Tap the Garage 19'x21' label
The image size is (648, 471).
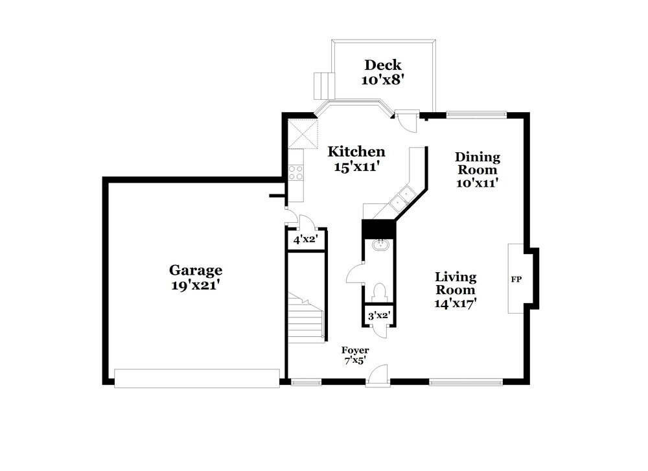tap(196, 277)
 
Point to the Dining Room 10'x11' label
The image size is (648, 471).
tap(477, 170)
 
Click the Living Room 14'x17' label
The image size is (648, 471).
tap(455, 290)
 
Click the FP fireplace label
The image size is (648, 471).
tap(516, 279)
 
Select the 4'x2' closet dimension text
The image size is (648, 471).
tap(304, 240)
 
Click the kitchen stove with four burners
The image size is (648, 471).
tap(295, 172)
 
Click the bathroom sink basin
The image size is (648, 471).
tap(380, 246)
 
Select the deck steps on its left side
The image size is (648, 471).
tap(323, 84)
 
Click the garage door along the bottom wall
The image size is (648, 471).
tap(197, 378)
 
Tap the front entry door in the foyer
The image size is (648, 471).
tap(378, 376)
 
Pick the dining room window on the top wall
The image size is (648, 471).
tap(476, 115)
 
